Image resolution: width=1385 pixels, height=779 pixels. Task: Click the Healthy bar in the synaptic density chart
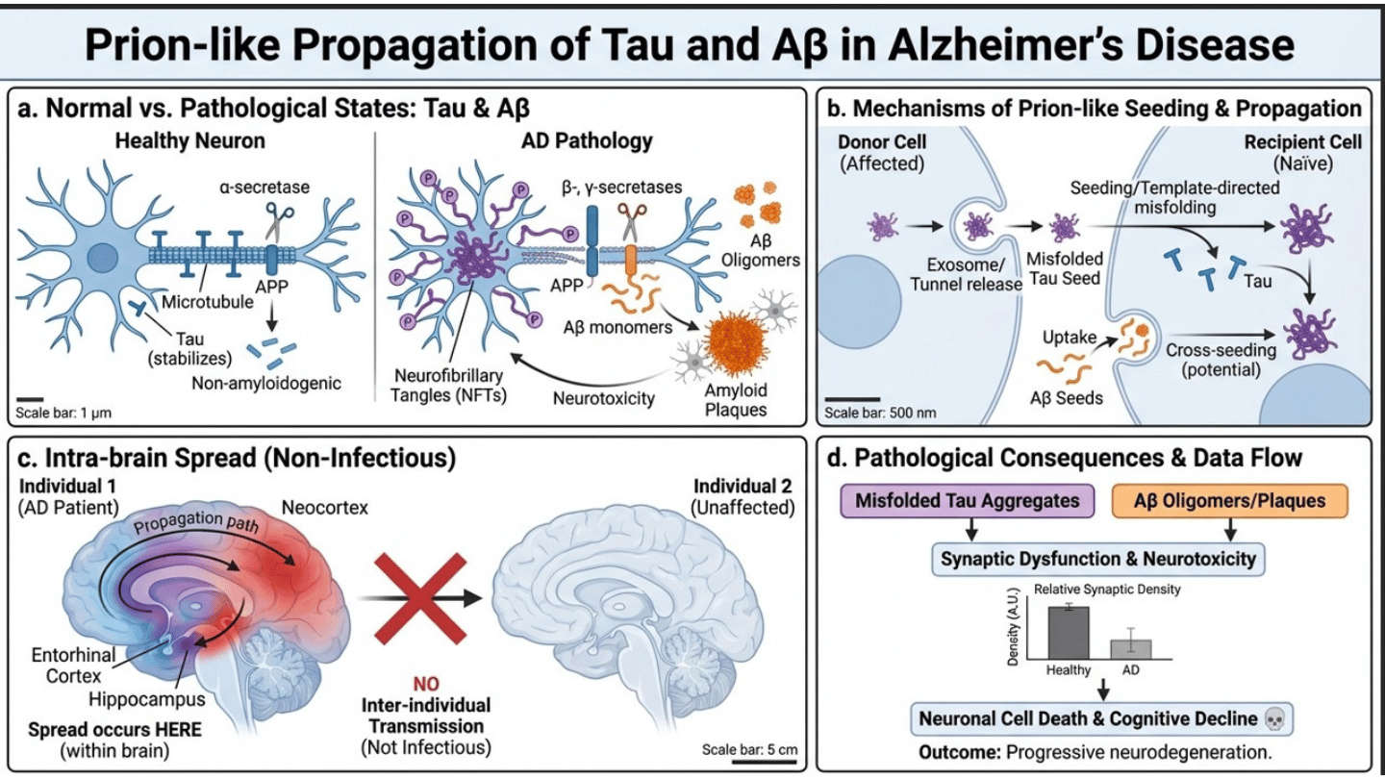coord(1068,632)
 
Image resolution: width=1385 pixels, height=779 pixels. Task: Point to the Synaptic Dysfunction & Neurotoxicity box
coord(1097,558)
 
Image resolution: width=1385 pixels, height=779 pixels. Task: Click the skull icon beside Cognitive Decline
coord(1275,718)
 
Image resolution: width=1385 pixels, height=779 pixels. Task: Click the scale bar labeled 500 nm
coord(851,398)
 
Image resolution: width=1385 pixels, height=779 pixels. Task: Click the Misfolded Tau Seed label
coord(1065,270)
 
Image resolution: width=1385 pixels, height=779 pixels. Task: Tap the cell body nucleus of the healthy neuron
coord(99,258)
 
